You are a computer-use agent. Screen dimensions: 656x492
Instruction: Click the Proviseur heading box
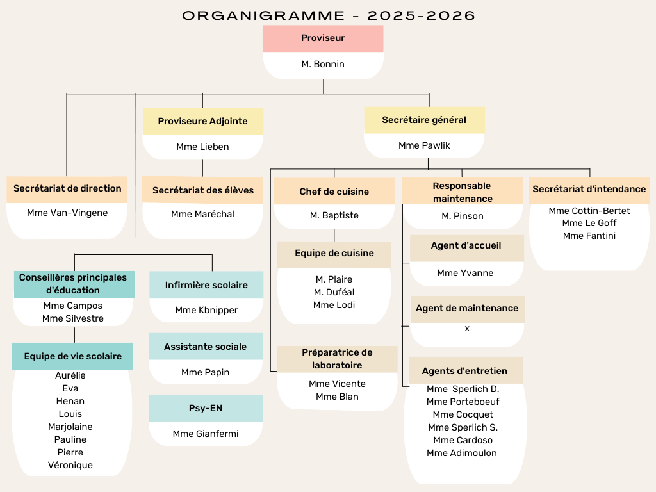click(x=323, y=38)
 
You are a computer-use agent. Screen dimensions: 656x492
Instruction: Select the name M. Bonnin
click(x=323, y=64)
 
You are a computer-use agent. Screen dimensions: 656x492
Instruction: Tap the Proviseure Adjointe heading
click(x=203, y=121)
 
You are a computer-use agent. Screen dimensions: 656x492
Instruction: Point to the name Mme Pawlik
click(x=424, y=145)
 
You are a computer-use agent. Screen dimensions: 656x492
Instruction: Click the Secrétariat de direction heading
click(x=67, y=189)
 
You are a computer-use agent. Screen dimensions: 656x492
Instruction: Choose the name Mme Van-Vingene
click(x=67, y=213)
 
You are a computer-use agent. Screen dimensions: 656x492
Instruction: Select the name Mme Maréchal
click(x=202, y=214)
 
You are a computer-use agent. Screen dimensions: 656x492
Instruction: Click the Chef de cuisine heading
click(x=334, y=191)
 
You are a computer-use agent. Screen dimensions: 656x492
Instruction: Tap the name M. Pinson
click(x=463, y=216)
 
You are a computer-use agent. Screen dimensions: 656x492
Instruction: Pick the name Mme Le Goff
click(x=589, y=223)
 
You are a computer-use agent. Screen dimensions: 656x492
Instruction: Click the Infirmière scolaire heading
click(x=206, y=285)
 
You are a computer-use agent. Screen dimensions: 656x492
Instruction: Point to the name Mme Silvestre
click(x=73, y=318)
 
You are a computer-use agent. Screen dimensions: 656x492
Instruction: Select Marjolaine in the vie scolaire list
click(x=70, y=427)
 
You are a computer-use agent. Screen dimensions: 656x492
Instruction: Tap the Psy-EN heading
click(x=206, y=408)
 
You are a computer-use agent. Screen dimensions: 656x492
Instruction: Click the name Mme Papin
click(x=206, y=372)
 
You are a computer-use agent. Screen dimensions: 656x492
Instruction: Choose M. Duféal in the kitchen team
click(x=334, y=292)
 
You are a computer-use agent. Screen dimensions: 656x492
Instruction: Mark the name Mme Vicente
click(x=337, y=384)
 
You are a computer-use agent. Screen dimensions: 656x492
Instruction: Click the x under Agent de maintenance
click(x=467, y=329)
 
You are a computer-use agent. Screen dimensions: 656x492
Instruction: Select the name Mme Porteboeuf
click(x=463, y=402)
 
